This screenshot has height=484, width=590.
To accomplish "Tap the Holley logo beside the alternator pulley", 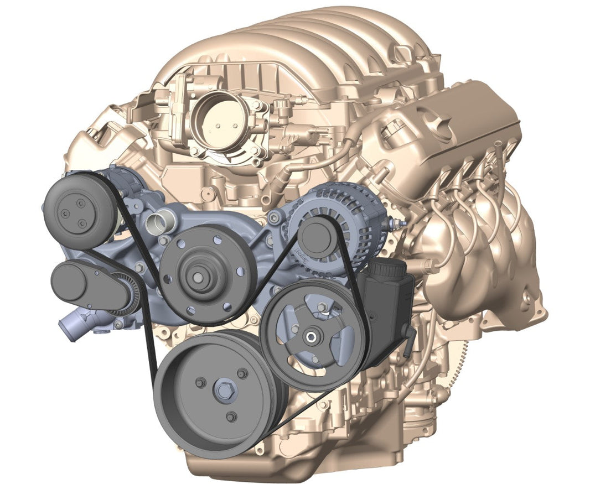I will point(302,256).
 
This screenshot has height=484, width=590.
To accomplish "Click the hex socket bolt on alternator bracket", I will point(273,219).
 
